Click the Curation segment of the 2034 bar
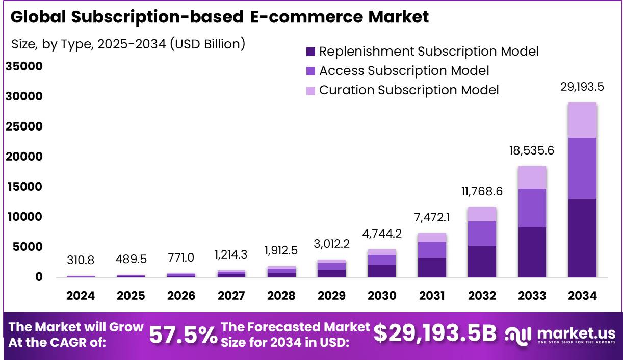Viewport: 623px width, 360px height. coord(582,120)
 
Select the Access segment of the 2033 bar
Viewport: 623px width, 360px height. coord(532,208)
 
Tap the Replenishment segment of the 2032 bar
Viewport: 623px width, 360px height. coord(482,262)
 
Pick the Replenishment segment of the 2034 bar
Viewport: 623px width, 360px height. coord(582,238)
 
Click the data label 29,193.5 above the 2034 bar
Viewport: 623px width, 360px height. coord(582,87)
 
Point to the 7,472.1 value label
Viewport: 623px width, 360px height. coord(432,218)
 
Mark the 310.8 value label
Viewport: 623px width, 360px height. coord(81,261)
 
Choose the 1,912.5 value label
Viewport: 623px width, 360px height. coord(281,251)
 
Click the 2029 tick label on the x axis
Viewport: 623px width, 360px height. coord(331,296)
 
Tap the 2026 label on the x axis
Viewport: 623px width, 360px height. coord(181,296)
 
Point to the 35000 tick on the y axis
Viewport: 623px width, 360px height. coord(24,67)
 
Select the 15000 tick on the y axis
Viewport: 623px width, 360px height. coord(24,187)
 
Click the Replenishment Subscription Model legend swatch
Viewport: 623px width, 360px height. coord(311,52)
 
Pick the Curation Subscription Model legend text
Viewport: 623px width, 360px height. coord(409,90)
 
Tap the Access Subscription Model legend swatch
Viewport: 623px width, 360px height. coord(311,71)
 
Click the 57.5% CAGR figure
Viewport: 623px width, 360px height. coord(183,335)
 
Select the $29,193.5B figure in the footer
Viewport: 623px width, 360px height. coord(435,334)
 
